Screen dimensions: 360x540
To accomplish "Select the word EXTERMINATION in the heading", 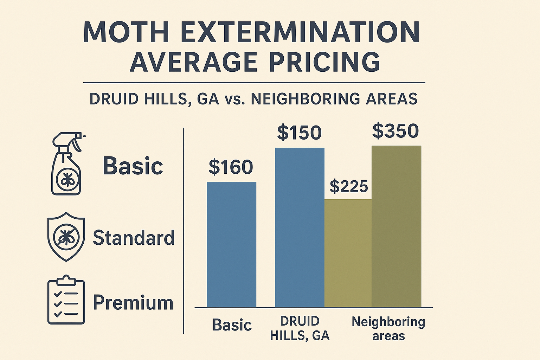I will click(x=301, y=33).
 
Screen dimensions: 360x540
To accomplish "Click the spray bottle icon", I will click(x=67, y=164).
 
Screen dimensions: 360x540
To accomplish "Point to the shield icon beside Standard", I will click(x=66, y=237).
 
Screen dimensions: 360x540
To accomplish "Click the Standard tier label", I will click(x=134, y=238).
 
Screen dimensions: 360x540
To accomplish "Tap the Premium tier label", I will click(x=133, y=302).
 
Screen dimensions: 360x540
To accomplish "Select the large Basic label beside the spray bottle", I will click(x=133, y=166).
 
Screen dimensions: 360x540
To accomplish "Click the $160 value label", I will click(x=231, y=167).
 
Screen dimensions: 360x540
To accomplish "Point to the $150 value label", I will click(x=299, y=133).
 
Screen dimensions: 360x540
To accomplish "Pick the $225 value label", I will click(x=349, y=186).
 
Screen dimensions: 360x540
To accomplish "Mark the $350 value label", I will click(x=396, y=131).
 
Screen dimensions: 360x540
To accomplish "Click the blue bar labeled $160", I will click(x=231, y=245).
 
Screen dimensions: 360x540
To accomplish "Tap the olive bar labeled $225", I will click(x=348, y=253).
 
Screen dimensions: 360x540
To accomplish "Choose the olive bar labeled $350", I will click(x=396, y=226).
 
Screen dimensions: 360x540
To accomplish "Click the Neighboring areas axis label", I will click(x=388, y=329).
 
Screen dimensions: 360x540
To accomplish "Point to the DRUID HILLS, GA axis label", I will click(x=300, y=328).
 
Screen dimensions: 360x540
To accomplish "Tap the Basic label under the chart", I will click(x=232, y=325).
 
